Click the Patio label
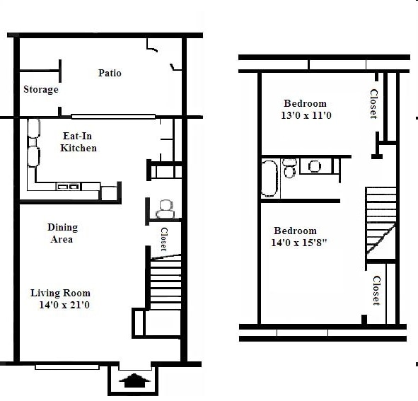pyautogui.click(x=110, y=73)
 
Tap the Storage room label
pyautogui.click(x=40, y=90)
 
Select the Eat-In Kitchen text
pyautogui.click(x=79, y=142)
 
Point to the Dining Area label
pyautogui.click(x=62, y=233)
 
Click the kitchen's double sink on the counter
pyautogui.click(x=68, y=187)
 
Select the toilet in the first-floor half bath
pyautogui.click(x=166, y=208)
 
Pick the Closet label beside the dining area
pyautogui.click(x=163, y=239)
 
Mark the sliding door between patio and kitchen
pyautogui.click(x=113, y=117)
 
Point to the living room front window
pyautogui.click(x=66, y=366)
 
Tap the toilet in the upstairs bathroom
pyautogui.click(x=289, y=168)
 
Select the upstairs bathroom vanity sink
pyautogui.click(x=315, y=166)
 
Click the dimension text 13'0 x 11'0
pyautogui.click(x=306, y=115)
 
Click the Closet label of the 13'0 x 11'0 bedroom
pyautogui.click(x=374, y=104)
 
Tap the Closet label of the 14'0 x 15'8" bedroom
pyautogui.click(x=376, y=290)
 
